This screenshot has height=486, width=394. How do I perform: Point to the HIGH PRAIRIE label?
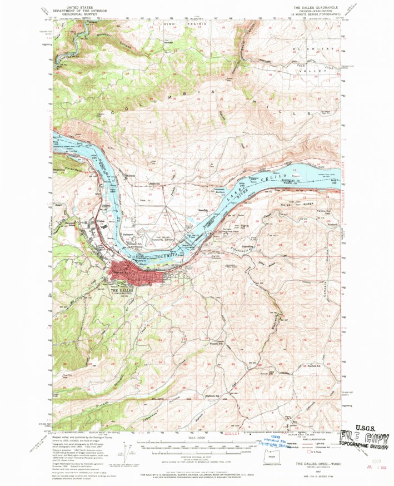pyautogui.click(x=177, y=24)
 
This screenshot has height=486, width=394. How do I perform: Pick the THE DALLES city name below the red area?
pyautogui.click(x=123, y=290)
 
